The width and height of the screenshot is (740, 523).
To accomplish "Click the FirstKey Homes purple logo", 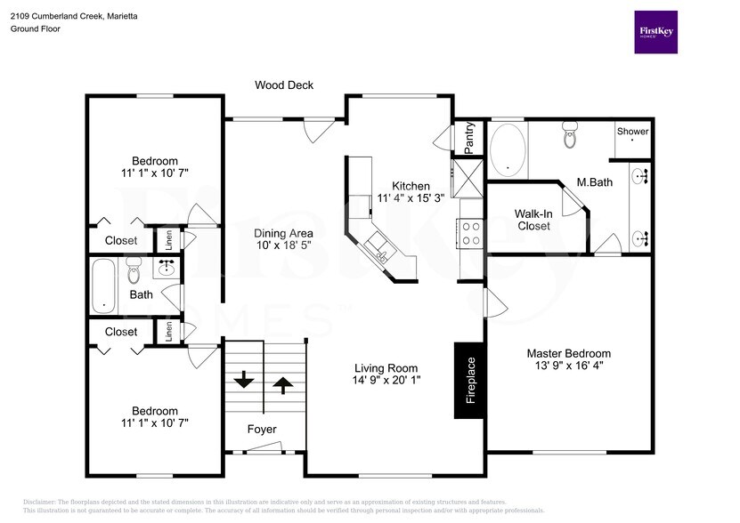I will coord(655,32).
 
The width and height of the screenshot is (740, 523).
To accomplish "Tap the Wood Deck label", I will coord(283,85).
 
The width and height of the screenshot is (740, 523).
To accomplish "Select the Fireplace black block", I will coord(471,380).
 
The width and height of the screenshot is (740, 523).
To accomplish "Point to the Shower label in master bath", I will coord(633,132).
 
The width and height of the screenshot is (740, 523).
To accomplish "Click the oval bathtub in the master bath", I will coord(508,149).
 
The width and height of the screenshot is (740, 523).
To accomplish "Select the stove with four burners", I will coord(469,233).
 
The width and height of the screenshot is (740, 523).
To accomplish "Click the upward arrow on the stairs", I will coord(282,384).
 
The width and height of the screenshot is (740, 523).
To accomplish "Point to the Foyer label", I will coord(262,430).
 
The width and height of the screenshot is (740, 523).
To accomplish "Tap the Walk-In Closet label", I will coord(533,220).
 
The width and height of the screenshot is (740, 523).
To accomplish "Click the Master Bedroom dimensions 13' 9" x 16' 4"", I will coord(568,366).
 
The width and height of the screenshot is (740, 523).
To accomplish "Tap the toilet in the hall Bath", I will coord(134,268).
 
